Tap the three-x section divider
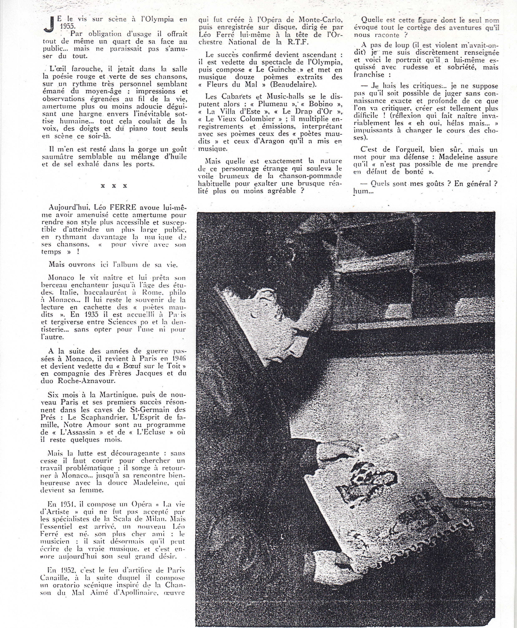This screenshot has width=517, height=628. click(x=114, y=186)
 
